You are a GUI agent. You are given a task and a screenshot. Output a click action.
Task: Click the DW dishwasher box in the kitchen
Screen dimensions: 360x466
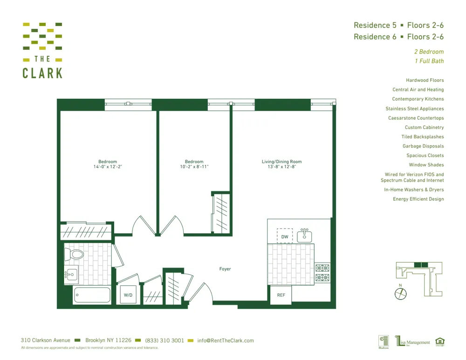click(284, 236)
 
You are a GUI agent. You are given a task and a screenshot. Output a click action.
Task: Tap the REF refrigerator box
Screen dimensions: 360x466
click(281, 295)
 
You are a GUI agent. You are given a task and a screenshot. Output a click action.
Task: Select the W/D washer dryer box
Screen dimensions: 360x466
click(127, 295)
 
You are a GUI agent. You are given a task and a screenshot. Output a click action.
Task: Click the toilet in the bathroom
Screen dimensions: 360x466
click(75, 254)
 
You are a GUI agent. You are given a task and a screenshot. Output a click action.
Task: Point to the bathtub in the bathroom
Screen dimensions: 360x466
click(92, 295)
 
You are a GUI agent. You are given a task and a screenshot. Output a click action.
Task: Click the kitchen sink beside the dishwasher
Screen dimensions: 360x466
click(305, 236)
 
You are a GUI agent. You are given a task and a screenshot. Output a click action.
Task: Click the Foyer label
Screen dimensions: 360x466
click(225, 269)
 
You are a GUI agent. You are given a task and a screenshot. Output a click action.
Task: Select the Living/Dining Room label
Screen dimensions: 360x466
click(281, 162)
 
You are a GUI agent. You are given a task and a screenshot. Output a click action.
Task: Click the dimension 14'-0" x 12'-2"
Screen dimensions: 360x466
click(108, 167)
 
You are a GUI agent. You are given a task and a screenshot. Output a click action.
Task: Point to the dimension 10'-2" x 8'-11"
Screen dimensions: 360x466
click(194, 167)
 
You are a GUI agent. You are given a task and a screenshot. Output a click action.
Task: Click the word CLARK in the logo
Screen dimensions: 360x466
click(42, 73)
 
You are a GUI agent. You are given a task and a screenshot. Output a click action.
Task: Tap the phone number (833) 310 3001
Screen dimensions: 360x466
click(164, 340)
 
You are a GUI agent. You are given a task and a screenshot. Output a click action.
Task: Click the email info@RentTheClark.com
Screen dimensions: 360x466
click(226, 340)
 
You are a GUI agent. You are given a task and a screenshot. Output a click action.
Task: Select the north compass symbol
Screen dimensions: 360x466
click(400, 293)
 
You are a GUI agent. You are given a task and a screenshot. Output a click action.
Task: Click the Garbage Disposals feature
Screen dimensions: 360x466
click(423, 146)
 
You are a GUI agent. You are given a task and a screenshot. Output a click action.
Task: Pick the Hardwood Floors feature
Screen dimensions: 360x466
click(425, 80)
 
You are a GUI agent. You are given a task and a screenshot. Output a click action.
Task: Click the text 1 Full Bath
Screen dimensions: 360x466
click(429, 61)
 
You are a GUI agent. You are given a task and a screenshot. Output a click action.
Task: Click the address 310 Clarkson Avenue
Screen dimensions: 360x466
click(45, 340)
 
